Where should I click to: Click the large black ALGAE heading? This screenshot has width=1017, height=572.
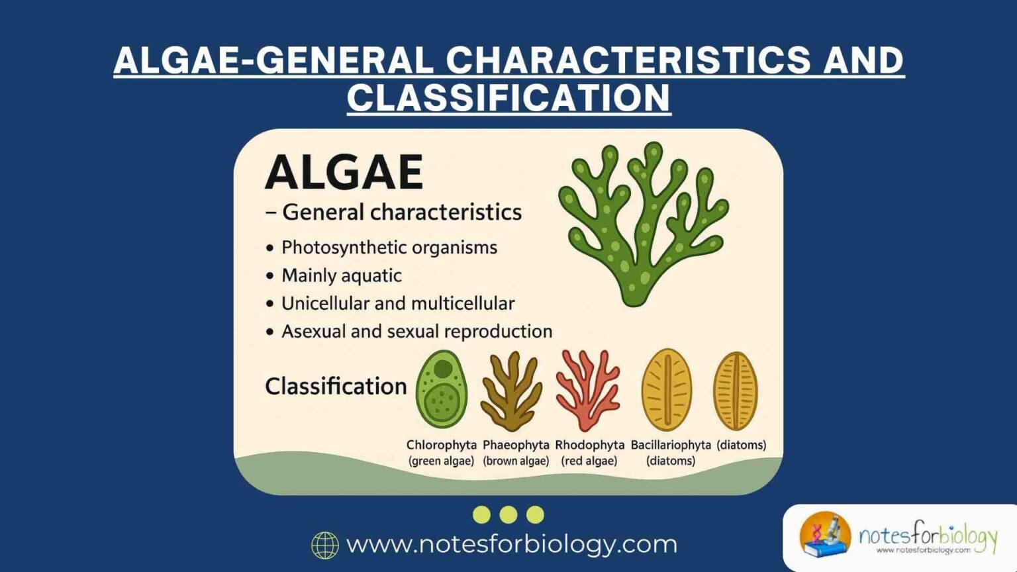(x=344, y=171)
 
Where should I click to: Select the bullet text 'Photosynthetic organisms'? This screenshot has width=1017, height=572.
(x=389, y=248)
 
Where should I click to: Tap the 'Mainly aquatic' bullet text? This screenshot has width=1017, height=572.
(x=341, y=275)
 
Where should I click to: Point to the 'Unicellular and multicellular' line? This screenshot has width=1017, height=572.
(x=397, y=303)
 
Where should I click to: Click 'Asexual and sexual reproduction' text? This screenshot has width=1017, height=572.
(x=416, y=331)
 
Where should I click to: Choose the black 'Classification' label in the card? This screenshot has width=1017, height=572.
(x=336, y=386)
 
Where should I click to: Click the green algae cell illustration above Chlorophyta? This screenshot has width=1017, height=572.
(x=441, y=389)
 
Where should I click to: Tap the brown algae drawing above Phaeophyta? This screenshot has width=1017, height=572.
(x=511, y=391)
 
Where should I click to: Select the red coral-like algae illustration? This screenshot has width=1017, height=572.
(x=587, y=390)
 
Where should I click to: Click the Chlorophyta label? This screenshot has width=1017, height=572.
(x=441, y=445)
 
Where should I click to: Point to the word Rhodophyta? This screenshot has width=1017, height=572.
(x=589, y=445)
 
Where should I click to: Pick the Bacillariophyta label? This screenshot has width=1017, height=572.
(x=670, y=445)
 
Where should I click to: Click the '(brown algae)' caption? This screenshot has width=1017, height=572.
(x=516, y=461)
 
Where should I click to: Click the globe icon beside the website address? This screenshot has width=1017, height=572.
(x=324, y=546)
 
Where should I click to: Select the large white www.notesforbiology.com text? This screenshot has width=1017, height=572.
(x=512, y=544)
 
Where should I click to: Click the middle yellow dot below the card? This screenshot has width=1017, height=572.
(x=508, y=514)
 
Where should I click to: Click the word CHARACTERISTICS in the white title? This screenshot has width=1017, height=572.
(x=628, y=60)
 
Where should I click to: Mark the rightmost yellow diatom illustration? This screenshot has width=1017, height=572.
(x=735, y=391)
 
